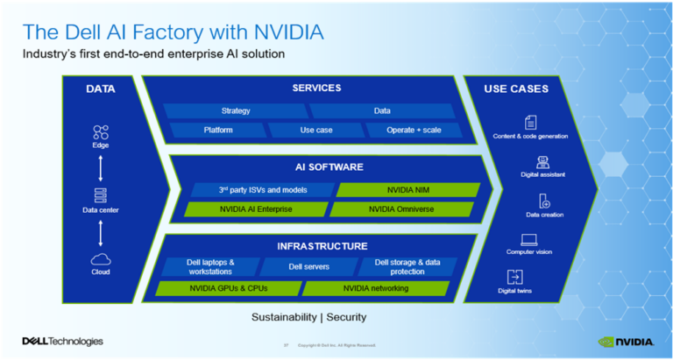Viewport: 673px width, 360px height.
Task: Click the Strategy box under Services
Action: pyautogui.click(x=236, y=111)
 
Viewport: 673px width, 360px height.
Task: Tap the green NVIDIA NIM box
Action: pyautogui.click(x=408, y=189)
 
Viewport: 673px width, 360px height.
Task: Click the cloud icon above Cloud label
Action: pyautogui.click(x=100, y=259)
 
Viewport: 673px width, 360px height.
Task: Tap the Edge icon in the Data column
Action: pyautogui.click(x=100, y=133)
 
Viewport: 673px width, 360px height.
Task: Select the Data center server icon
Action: pyautogui.click(x=100, y=195)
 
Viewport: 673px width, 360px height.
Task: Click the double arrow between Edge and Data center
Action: pyautogui.click(x=100, y=165)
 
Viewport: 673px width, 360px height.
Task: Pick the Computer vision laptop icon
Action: pyautogui.click(x=530, y=240)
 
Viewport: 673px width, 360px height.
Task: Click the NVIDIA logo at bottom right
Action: pyautogui.click(x=627, y=342)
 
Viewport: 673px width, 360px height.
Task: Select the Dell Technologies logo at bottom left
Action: pyautogui.click(x=62, y=342)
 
